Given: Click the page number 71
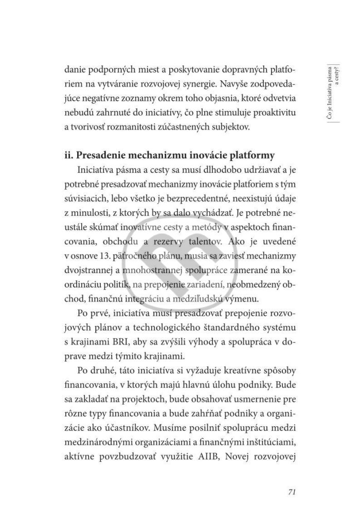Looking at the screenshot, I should tap(291, 492).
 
